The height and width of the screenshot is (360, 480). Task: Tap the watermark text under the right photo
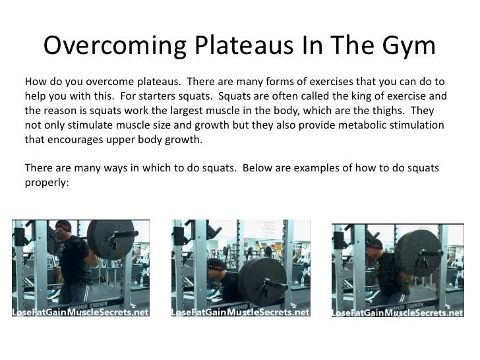point(397,313)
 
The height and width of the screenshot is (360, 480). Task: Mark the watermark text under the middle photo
point(239,313)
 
